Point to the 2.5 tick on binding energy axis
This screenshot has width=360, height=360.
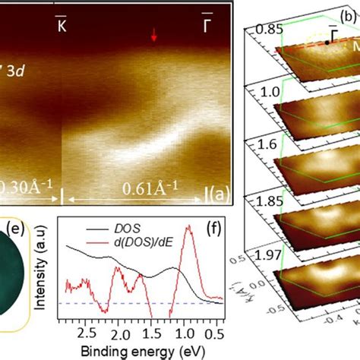pyautogui.click(x=88, y=333)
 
